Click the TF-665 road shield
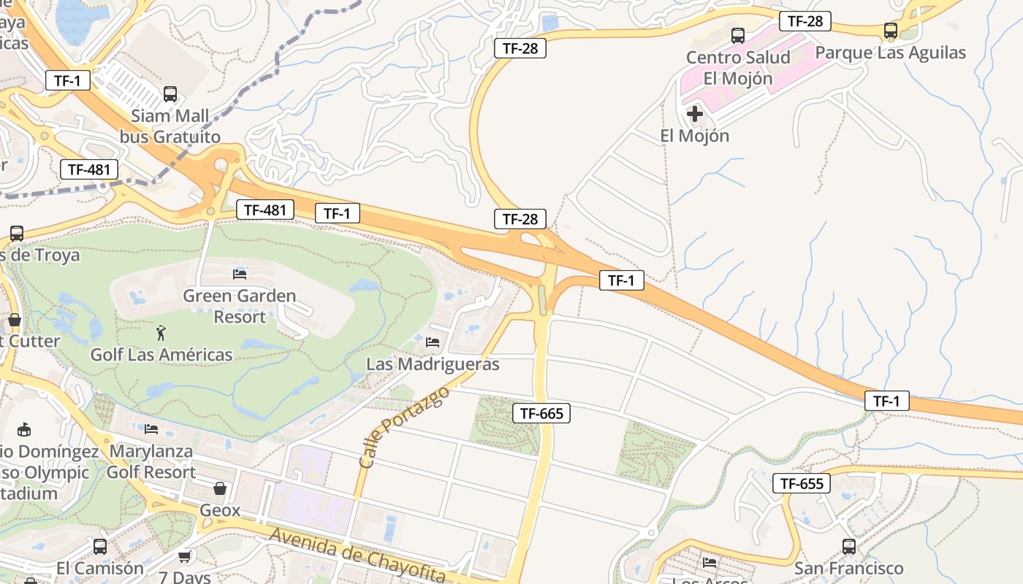coord(541,413)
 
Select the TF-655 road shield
coord(802,483)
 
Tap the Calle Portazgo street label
coord(404,427)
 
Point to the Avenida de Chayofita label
coord(357,554)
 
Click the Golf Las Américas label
coord(161,355)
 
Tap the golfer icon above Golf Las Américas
coord(161,334)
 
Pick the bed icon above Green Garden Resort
coord(240,274)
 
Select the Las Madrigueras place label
coord(433,364)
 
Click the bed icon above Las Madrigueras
coord(433,342)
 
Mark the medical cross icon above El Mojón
coord(695,114)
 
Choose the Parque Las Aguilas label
coord(890,53)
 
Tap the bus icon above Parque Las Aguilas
coord(890,31)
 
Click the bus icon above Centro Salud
coord(738,35)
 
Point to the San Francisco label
coord(848,568)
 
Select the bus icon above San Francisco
coord(848,546)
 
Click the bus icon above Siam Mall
coord(170,93)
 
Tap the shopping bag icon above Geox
coord(220,488)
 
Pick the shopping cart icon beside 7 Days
coord(185,557)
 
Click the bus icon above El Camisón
coord(100,546)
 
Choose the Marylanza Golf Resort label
coord(151,461)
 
